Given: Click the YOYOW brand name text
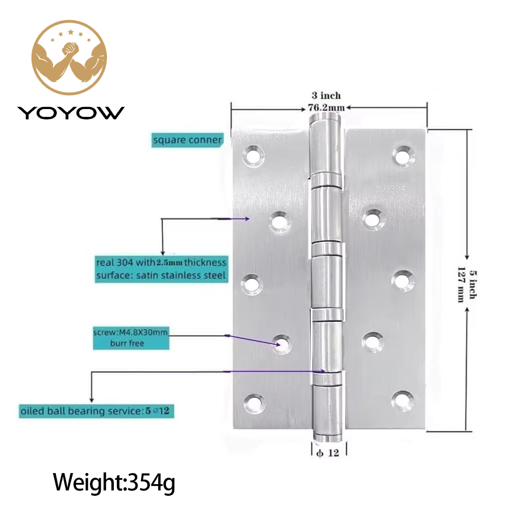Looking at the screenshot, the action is point(71,113).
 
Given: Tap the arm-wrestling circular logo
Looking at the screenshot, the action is point(69,57).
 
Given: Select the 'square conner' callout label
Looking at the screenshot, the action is point(187,140).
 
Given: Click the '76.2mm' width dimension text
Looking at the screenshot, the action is point(326,108).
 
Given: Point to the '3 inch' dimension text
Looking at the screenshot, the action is point(326,96).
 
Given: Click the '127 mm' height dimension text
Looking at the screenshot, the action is point(461,284).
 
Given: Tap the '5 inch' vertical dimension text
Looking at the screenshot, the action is point(473,284).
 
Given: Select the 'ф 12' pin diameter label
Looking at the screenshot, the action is point(327,453).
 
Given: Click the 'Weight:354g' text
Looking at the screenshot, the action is point(114,483).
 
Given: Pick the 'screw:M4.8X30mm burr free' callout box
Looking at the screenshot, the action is point(131,338).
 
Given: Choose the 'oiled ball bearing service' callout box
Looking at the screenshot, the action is point(96,411).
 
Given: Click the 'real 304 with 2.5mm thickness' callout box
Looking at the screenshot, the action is point(161,269).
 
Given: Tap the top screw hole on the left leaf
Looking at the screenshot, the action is point(253,155).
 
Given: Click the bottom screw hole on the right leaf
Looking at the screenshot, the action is point(403,400).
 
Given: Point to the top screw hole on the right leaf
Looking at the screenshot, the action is point(404,155).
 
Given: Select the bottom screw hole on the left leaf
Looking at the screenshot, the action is point(254,403).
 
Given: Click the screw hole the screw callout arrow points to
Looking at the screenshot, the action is point(282,344).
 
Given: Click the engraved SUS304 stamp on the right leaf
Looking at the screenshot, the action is point(390,189).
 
